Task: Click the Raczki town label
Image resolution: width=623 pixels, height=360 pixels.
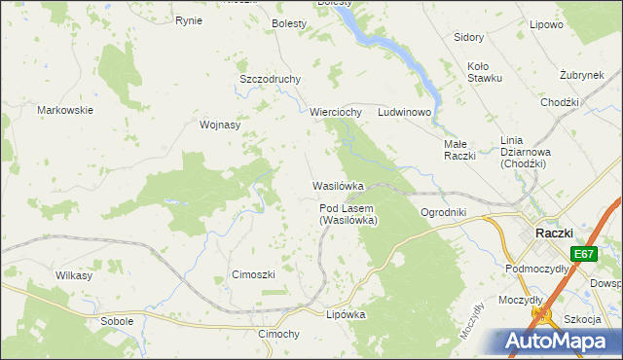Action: (560, 233)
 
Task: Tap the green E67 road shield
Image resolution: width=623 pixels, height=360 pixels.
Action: (583, 254)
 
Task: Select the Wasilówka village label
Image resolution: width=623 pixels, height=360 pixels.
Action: (338, 185)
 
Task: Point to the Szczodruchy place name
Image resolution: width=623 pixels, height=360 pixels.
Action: (270, 79)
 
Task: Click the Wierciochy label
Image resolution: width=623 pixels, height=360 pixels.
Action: (336, 112)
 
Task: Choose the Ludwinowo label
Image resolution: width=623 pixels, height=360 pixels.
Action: (404, 112)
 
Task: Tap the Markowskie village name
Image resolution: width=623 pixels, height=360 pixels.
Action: (65, 110)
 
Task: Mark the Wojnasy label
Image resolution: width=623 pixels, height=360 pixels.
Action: (219, 125)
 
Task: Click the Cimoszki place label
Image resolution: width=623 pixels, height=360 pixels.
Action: (253, 274)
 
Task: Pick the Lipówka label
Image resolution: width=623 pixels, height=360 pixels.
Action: (346, 314)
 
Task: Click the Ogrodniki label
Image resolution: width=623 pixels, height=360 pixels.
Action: (443, 212)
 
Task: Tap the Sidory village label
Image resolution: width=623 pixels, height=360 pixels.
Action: (469, 37)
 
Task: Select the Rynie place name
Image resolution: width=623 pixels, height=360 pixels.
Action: (188, 20)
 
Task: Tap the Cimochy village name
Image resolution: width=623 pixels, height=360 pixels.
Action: (277, 334)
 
